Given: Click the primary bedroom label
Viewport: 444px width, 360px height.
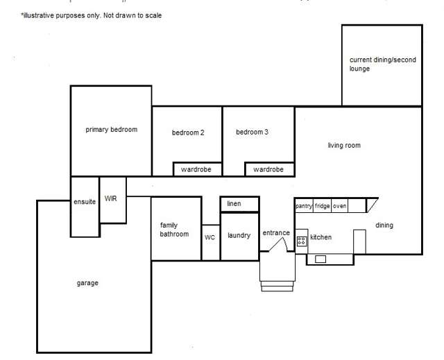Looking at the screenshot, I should [111, 130].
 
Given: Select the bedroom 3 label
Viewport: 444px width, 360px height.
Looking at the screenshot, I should [252, 132].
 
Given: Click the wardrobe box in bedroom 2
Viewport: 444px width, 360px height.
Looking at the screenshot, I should [197, 169].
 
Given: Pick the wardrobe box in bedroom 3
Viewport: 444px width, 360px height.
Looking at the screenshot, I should [268, 169].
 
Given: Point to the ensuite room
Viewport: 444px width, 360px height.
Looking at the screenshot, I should [85, 203].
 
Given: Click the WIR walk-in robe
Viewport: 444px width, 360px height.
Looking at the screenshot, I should [111, 199].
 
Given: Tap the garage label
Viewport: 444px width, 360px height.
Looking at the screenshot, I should [87, 283].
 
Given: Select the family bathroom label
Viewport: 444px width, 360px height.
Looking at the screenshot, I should [174, 230].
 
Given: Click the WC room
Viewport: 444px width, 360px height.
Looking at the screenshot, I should [210, 237].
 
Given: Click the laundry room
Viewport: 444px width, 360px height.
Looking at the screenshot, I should [239, 236].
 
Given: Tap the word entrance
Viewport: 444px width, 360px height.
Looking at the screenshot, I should [275, 233].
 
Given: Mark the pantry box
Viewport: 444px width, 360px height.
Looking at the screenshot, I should [304, 206].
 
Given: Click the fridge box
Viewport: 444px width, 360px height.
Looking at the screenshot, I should [322, 206].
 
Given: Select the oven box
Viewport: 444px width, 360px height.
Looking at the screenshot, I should [339, 206].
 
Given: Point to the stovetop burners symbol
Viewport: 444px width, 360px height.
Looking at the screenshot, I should [302, 241].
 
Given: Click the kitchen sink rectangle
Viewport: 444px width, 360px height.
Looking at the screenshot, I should [321, 259].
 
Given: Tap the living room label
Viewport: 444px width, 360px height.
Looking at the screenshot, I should [344, 146].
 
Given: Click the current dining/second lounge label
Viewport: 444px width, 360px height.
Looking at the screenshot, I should [382, 65].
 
